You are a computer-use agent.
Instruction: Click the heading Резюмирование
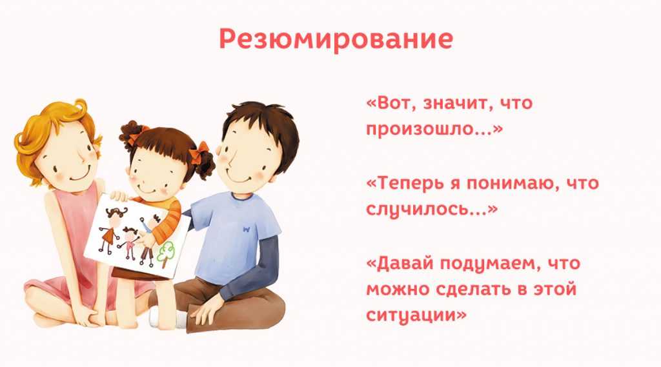(x=336, y=39)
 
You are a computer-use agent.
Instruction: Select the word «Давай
(x=400, y=264)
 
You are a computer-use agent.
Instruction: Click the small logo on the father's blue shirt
(x=247, y=229)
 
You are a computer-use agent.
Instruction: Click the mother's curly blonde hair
(x=46, y=135)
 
